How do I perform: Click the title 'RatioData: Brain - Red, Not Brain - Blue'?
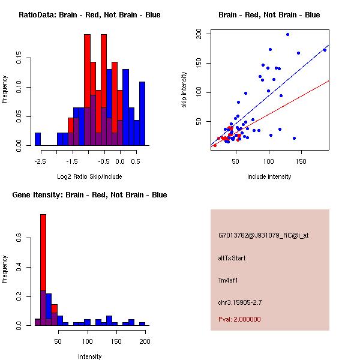(89, 15)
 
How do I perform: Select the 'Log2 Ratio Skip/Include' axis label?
(89, 176)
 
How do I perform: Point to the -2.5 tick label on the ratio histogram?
(37, 161)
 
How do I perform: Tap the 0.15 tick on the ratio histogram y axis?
(19, 59)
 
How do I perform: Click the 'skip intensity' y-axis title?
(184, 90)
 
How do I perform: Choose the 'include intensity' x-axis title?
(269, 176)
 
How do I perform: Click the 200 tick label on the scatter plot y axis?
(199, 35)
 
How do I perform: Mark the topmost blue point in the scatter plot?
(287, 34)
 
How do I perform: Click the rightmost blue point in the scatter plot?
(325, 50)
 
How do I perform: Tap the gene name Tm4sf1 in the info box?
(229, 280)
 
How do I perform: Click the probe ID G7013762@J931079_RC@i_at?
(263, 236)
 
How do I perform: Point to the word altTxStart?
(232, 258)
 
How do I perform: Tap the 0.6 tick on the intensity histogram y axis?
(19, 239)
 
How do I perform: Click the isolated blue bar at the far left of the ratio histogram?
(38, 139)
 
